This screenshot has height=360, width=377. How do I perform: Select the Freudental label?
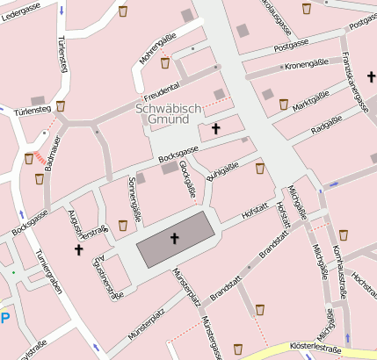(162, 89)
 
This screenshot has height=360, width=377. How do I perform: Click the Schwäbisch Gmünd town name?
(170, 114)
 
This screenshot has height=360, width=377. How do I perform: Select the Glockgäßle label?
(185, 179)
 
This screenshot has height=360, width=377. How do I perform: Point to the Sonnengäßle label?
(134, 198)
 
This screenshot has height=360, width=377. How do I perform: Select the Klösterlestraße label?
(314, 349)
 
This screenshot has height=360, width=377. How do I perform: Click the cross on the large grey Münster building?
(174, 238)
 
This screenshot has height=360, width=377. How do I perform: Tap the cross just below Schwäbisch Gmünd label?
(216, 129)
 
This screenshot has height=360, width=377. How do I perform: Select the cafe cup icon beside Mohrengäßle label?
(164, 62)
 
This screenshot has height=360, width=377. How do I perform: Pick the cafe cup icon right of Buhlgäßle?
(259, 168)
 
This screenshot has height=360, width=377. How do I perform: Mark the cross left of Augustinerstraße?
(78, 250)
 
